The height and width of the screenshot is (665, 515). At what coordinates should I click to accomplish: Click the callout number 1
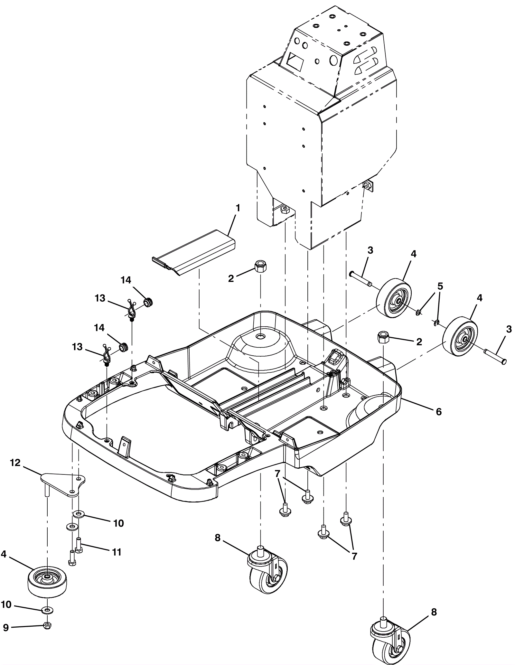238,208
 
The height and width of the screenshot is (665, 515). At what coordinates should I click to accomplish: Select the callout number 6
439,412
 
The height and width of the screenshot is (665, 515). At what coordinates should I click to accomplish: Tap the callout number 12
15,463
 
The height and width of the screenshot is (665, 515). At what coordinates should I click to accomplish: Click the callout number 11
117,552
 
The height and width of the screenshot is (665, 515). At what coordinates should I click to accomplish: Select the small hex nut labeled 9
47,626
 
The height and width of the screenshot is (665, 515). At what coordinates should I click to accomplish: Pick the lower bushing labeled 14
123,347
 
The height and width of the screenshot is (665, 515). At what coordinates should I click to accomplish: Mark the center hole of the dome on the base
259,336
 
